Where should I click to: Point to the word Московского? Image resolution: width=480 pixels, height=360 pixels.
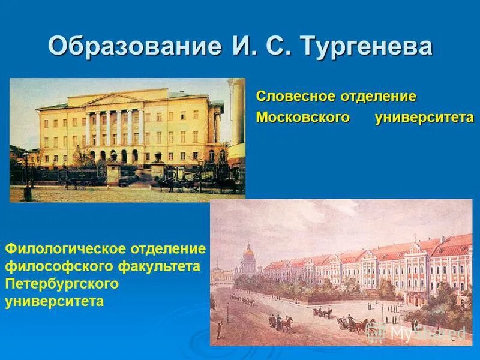[303, 117]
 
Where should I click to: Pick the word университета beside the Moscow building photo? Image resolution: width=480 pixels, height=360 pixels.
[424, 117]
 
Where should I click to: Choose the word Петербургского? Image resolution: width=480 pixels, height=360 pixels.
[62, 283]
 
